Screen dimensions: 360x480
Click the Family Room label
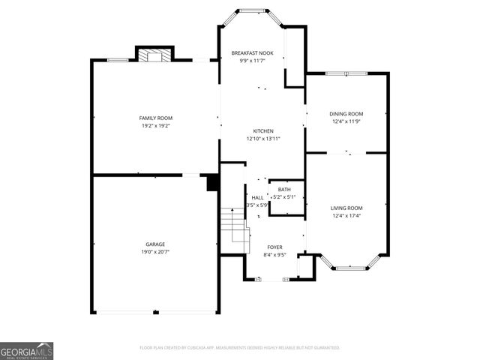click(155, 118)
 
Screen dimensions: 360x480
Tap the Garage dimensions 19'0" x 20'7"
click(155, 253)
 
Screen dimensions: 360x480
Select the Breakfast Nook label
click(252, 53)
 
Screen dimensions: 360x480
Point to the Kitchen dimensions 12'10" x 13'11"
click(262, 139)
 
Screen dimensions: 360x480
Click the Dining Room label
click(346, 113)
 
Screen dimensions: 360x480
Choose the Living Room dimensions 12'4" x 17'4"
click(346, 216)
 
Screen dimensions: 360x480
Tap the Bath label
click(284, 189)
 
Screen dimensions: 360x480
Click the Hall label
click(257, 197)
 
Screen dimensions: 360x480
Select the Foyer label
click(275, 247)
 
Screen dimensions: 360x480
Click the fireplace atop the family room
click(154, 55)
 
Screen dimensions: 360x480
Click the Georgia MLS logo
click(26, 350)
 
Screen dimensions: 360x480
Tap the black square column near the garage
click(212, 183)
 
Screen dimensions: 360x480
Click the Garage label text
click(155, 244)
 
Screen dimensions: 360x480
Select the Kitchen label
click(262, 130)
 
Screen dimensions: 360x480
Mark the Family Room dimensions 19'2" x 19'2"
click(155, 126)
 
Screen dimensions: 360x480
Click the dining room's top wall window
click(346, 73)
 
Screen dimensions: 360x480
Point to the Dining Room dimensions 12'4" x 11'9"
click(346, 121)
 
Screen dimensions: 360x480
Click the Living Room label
click(346, 208)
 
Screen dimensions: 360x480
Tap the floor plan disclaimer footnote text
click(239, 348)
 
